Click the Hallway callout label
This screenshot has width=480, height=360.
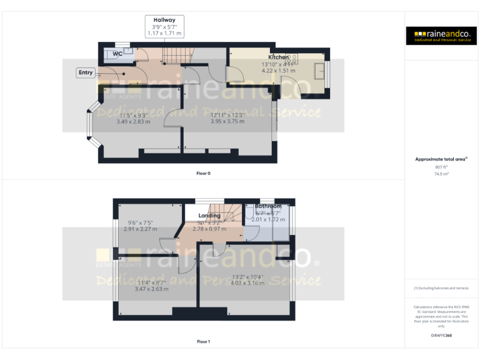click(x=164, y=21)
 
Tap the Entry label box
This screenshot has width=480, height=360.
click(x=86, y=72)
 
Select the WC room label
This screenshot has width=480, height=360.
click(x=117, y=54)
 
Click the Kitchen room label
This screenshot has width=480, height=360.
click(x=279, y=57)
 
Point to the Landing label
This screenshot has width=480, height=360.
click(x=209, y=216)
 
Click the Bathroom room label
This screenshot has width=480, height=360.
click(x=268, y=206)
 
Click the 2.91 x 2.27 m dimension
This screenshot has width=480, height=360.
click(x=142, y=229)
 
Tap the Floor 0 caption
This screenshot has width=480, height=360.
click(x=203, y=172)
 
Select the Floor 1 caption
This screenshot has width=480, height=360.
click(x=203, y=342)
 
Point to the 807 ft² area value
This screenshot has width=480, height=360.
click(x=442, y=167)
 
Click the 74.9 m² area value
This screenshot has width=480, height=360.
click(x=442, y=174)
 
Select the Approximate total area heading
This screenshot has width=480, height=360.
click(x=441, y=159)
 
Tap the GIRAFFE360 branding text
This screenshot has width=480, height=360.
click(x=441, y=336)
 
